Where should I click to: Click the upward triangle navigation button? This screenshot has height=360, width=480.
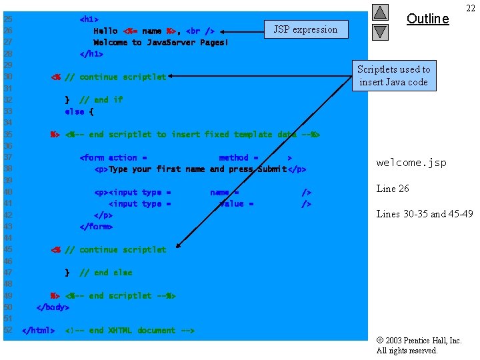point(380,12)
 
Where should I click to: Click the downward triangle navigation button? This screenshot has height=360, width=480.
point(380,31)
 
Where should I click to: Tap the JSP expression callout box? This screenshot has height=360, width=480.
point(305,29)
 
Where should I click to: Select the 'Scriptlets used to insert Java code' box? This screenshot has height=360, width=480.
point(393,75)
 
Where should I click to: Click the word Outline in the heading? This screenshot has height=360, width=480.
point(427,19)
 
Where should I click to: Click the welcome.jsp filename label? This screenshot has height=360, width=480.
point(411,163)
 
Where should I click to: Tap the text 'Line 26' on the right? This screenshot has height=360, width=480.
point(393,189)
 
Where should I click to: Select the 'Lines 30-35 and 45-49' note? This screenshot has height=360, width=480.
point(425,214)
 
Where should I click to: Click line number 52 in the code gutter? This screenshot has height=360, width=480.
point(8,331)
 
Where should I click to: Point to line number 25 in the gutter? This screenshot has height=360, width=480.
point(8,19)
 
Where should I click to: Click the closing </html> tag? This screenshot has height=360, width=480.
point(39,331)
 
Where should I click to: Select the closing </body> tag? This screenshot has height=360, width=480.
point(53,307)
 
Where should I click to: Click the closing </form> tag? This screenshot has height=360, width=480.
point(96,227)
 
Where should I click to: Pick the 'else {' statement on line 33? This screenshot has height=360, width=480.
point(79,111)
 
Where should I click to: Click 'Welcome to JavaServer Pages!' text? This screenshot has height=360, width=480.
point(161,43)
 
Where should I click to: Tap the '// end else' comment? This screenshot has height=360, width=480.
point(105,273)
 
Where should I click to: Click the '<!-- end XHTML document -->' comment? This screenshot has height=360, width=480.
point(130,331)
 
